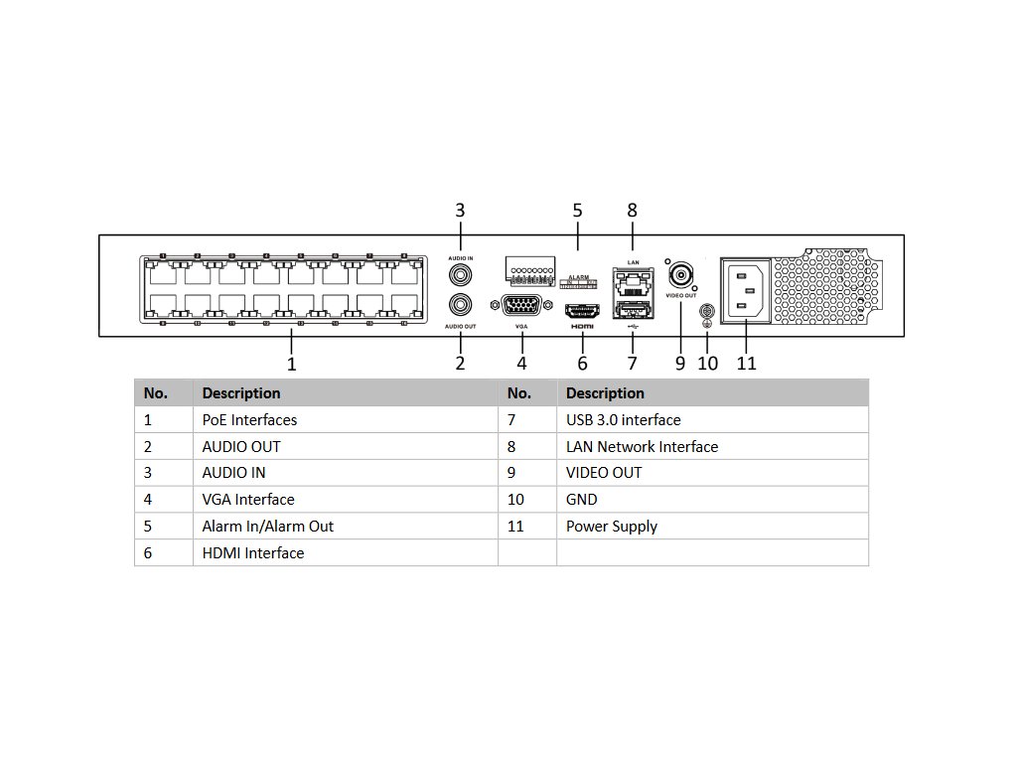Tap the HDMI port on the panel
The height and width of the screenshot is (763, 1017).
pos(581,309)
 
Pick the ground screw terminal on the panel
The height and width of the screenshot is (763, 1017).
pos(707,313)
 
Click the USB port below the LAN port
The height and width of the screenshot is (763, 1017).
pos(633,311)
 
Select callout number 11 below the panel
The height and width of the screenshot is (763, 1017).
pos(747,364)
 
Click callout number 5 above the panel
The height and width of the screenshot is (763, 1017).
pos(577,211)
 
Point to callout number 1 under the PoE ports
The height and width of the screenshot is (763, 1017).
pos(291,365)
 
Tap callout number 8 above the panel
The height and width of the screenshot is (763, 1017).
pos(632,211)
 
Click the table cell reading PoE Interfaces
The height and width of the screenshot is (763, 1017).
pos(249,420)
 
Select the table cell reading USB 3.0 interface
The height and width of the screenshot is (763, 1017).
pos(624,420)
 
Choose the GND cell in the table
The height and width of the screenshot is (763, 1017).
pos(582,500)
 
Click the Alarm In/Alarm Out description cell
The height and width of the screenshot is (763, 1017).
pos(268,527)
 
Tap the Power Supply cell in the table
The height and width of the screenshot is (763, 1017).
pos(612,527)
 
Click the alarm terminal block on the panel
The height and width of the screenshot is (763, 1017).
pos(528,267)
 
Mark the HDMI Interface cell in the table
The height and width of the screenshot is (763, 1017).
pos(253,553)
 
